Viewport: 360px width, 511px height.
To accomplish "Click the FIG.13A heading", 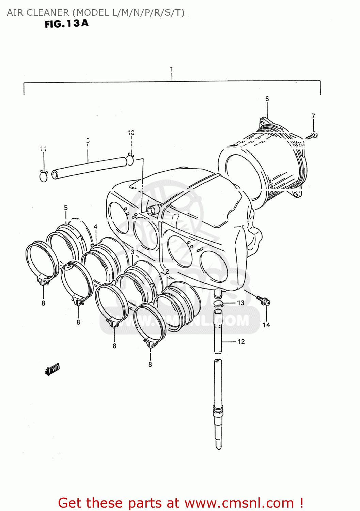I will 67,24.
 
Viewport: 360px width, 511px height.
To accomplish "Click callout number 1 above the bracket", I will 172,69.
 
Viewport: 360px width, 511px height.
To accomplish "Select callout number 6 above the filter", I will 267,99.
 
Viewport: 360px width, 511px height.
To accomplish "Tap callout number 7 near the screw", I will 313,116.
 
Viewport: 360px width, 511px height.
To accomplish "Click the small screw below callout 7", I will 312,136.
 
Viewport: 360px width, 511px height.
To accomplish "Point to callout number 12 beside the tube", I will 241,342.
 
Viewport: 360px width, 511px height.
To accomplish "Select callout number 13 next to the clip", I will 241,303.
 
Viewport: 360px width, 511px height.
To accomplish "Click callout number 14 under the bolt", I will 266,325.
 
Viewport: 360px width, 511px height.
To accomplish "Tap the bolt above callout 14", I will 263,300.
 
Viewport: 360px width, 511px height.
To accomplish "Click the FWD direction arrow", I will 52,369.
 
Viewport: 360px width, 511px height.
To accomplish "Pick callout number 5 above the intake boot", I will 66,208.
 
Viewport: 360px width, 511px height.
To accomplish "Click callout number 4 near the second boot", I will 95,227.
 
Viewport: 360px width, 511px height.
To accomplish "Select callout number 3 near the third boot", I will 132,252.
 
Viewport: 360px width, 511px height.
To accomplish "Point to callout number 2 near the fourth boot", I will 167,272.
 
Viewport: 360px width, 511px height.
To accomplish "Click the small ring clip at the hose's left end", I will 44,176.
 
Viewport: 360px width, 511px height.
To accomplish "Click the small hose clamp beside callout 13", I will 218,304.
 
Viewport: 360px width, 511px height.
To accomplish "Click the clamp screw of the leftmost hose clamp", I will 43,281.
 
